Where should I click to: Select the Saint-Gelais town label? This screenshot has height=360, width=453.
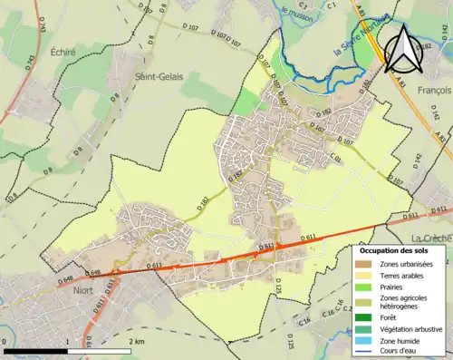coord(158,77)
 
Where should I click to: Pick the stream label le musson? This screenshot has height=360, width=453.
coord(296,12)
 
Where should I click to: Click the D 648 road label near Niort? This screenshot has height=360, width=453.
coord(67,276)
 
